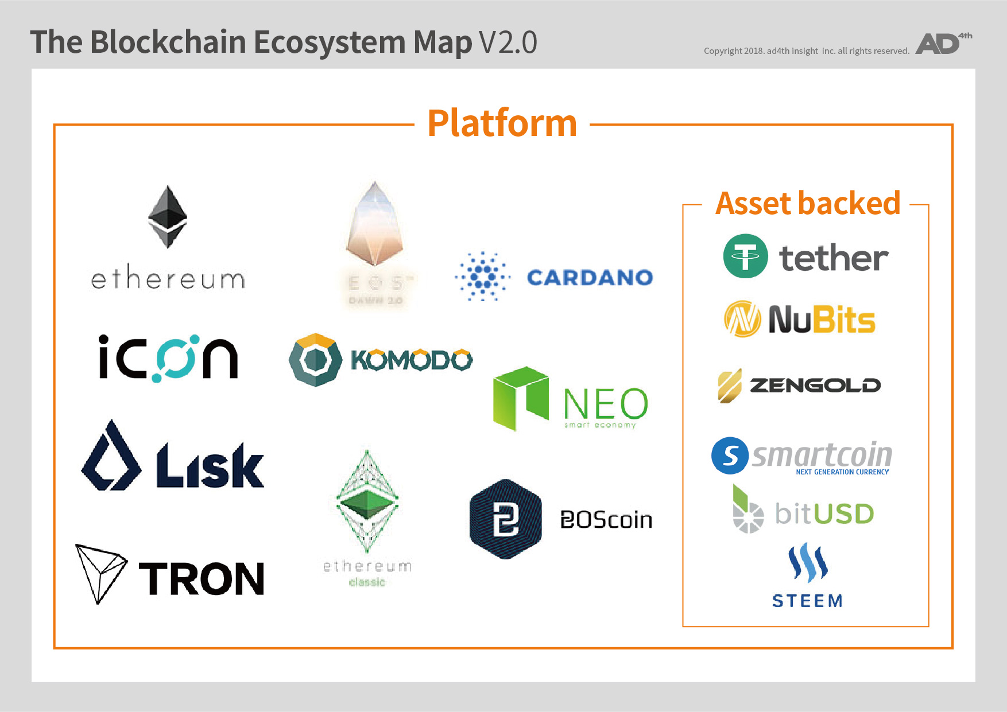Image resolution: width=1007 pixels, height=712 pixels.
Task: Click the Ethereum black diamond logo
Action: pos(168,217)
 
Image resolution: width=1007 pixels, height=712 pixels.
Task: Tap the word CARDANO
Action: pos(590,278)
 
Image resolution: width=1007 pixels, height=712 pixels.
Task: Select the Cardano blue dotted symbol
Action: pos(482,277)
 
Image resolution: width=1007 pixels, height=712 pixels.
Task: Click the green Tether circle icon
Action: pos(745,256)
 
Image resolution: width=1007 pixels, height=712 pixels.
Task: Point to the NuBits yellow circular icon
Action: pos(742,319)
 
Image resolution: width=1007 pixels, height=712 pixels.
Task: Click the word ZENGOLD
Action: pos(815,386)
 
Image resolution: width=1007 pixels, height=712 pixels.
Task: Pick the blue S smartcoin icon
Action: pos(730,456)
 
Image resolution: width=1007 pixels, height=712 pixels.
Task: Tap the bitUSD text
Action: pos(824,513)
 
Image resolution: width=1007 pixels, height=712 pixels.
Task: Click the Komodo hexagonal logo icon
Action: pos(315,360)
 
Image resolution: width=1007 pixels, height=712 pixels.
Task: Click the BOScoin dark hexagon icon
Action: pos(505,519)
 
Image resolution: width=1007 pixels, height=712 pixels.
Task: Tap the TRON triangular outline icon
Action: pos(100,572)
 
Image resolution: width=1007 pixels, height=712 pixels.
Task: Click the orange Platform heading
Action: pos(502,123)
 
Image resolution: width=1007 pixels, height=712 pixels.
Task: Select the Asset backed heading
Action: pos(807,204)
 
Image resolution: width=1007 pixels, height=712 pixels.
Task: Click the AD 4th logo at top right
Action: pos(942,44)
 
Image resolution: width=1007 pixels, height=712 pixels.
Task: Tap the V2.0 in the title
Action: pos(508,42)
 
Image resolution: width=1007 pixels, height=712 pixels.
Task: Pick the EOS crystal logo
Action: pos(375,225)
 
